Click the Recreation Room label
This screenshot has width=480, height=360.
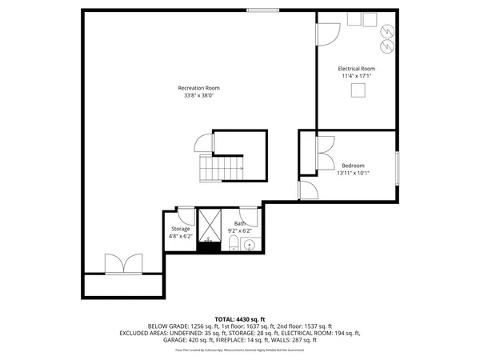pos(198,87)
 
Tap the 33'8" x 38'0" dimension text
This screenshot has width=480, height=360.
pos(198,95)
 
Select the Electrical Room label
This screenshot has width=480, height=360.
pos(357,69)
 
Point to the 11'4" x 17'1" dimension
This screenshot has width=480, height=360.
pos(357,77)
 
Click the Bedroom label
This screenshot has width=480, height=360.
pos(353,166)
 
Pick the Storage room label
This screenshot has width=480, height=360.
pos(179,229)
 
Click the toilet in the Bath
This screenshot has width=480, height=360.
pos(233,242)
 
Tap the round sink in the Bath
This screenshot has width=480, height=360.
pos(248,245)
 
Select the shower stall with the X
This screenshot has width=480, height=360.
pos(210,224)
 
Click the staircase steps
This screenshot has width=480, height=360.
pos(221,169)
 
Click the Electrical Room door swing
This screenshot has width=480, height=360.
pos(326,34)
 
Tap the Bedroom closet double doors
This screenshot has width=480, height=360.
pos(326,146)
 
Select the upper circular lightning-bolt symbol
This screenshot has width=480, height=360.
pos(388,30)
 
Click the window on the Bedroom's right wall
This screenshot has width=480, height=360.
pos(397,167)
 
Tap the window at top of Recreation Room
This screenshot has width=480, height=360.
pos(262,10)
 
